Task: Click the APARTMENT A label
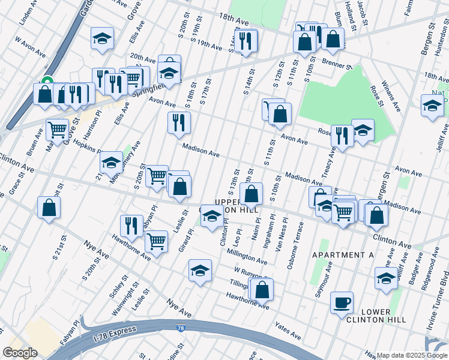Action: (x=343, y=255)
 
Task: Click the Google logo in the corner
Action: (x=20, y=353)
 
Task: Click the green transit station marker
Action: (x=47, y=85)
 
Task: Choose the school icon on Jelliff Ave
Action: (x=385, y=278)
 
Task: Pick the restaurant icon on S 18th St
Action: (x=178, y=122)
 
